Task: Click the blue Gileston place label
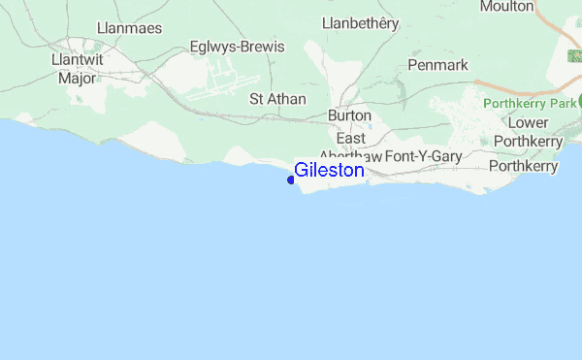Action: coord(329,171)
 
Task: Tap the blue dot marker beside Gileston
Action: coord(291,180)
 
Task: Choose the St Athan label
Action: coord(277,99)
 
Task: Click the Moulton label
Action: coord(506,7)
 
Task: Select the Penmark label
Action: coord(437,65)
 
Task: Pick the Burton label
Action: coord(349,115)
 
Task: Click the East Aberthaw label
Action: coord(350,147)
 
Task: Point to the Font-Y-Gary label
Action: coord(423,156)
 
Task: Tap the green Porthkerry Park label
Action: coord(529,102)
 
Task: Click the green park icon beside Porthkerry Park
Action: coord(579,101)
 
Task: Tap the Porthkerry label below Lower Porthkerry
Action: coord(523,166)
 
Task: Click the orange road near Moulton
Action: coord(567,44)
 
